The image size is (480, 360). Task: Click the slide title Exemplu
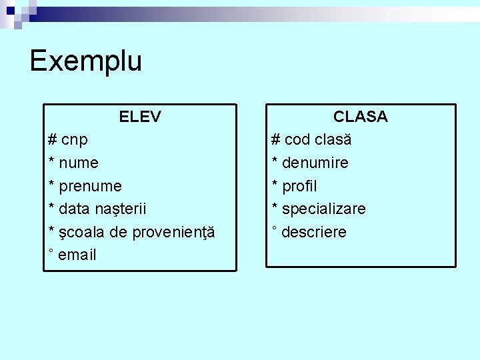pyautogui.click(x=85, y=61)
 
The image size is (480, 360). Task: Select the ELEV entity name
pyautogui.click(x=140, y=117)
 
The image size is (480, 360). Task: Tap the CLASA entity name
pyautogui.click(x=361, y=117)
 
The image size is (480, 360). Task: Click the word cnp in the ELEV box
pyautogui.click(x=75, y=140)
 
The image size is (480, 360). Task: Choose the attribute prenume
pyautogui.click(x=90, y=186)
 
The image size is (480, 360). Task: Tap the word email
pyautogui.click(x=77, y=255)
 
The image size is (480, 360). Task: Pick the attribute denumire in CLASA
pyautogui.click(x=315, y=163)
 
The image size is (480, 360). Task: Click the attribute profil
pyautogui.click(x=299, y=186)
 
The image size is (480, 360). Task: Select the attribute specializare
pyautogui.click(x=323, y=209)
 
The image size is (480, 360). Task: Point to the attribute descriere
pyautogui.click(x=314, y=232)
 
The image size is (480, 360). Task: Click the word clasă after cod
pyautogui.click(x=333, y=140)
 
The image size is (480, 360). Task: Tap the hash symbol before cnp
pyautogui.click(x=52, y=140)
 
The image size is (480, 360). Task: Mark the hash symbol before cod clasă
pyautogui.click(x=275, y=140)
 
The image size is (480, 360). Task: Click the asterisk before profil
pyautogui.click(x=275, y=184)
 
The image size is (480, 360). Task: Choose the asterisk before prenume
pyautogui.click(x=52, y=184)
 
